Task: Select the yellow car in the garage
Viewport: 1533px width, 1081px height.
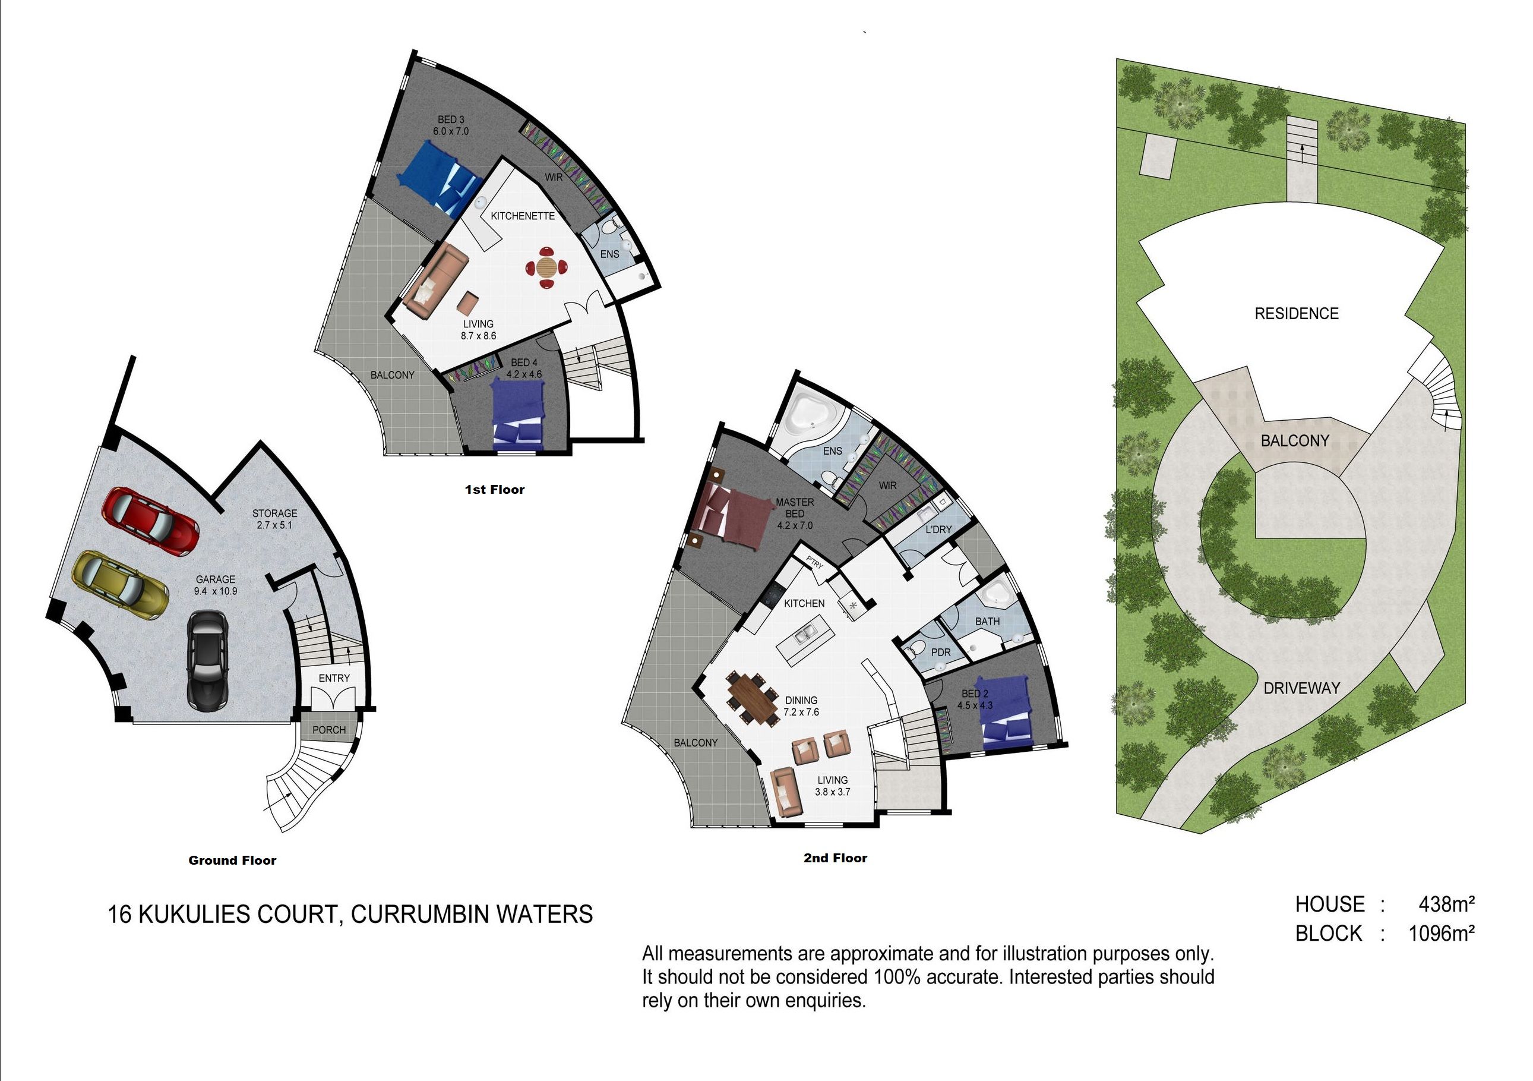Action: (x=120, y=585)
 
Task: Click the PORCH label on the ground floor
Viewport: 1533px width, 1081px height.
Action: (x=329, y=730)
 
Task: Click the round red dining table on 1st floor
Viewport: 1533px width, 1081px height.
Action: (x=548, y=267)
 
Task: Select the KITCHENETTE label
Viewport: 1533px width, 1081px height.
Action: (x=523, y=216)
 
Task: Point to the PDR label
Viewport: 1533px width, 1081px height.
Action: (x=941, y=652)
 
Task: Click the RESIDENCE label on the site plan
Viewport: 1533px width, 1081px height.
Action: (x=1297, y=313)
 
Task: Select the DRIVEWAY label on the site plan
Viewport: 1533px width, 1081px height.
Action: (x=1302, y=688)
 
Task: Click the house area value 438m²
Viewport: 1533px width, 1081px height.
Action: (x=1446, y=904)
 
